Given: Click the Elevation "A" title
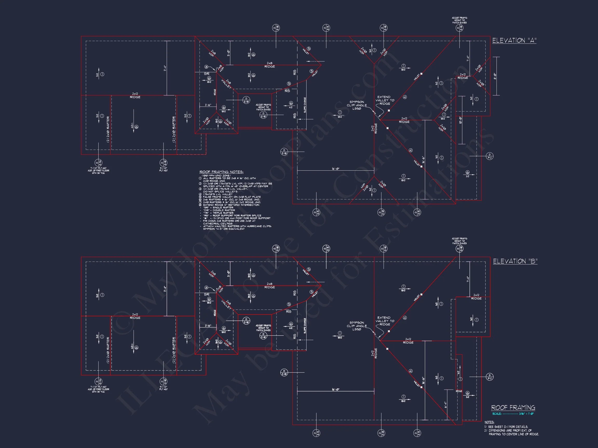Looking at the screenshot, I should point(514,40).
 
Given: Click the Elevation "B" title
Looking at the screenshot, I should point(515,261).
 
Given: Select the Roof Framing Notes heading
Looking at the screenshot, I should point(221,172).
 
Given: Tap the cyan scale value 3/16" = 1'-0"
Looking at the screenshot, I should point(527,414).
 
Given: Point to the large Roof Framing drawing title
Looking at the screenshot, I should point(513,408).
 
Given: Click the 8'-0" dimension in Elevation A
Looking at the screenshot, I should point(495,76).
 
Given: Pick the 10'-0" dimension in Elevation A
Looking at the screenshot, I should point(460,120).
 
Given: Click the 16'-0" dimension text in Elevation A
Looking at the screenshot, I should point(336,169).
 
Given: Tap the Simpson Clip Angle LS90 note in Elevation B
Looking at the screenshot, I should point(357,326).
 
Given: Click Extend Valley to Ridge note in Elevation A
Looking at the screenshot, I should point(384,100).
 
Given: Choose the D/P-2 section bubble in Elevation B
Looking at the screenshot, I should point(490,376).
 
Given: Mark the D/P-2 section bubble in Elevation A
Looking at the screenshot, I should point(490,156).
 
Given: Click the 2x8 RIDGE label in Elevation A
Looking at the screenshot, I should point(269,65).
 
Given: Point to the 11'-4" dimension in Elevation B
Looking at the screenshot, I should point(165,289).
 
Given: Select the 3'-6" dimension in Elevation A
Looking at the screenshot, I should point(208,105).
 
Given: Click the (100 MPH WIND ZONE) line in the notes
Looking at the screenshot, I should point(216,176).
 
